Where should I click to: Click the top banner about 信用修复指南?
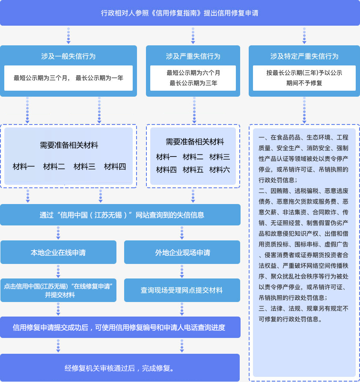(180, 13)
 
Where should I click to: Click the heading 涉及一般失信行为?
(68, 56)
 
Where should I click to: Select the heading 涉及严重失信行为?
(193, 56)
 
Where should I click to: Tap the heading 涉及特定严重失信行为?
(304, 56)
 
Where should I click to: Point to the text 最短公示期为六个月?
(193, 73)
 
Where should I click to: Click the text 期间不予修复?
(304, 83)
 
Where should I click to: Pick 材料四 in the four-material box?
(115, 166)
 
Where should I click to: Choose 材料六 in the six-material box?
(220, 170)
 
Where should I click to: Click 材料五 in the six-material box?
(193, 170)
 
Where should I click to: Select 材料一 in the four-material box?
(24, 166)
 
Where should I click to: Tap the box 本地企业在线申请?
(58, 252)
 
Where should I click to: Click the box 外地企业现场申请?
(182, 252)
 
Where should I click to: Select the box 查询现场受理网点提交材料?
(182, 290)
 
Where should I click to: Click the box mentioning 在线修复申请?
(58, 290)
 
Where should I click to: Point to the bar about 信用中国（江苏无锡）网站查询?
(120, 215)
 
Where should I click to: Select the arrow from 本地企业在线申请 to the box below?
(58, 271)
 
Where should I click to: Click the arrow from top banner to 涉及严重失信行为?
(193, 36)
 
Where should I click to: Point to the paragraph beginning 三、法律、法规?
(304, 313)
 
